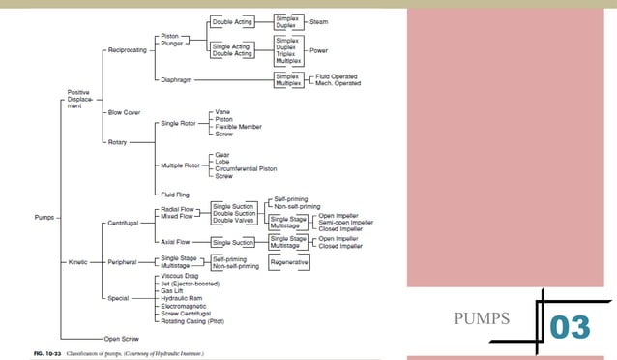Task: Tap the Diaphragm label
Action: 177,78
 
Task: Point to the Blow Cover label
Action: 124,112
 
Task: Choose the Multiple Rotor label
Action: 182,165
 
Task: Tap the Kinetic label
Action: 77,262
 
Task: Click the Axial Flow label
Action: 175,242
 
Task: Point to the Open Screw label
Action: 122,339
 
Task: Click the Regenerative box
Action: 290,262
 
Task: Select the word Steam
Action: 318,21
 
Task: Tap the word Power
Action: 318,49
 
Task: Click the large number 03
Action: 570,327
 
